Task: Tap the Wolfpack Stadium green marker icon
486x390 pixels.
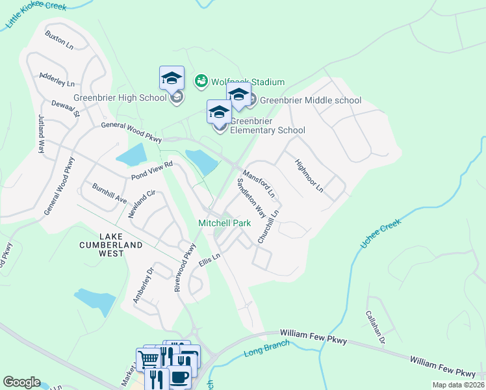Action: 201,81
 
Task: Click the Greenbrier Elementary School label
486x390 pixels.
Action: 267,125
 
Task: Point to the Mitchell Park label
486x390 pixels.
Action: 224,223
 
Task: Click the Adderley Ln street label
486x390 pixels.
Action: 57,79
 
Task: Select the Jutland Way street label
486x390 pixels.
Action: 41,133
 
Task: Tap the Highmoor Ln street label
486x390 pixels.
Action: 309,175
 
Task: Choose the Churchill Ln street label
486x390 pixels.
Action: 269,226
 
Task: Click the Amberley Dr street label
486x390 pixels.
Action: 142,285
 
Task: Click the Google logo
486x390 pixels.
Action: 21,382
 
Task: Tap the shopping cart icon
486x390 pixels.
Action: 149,359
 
